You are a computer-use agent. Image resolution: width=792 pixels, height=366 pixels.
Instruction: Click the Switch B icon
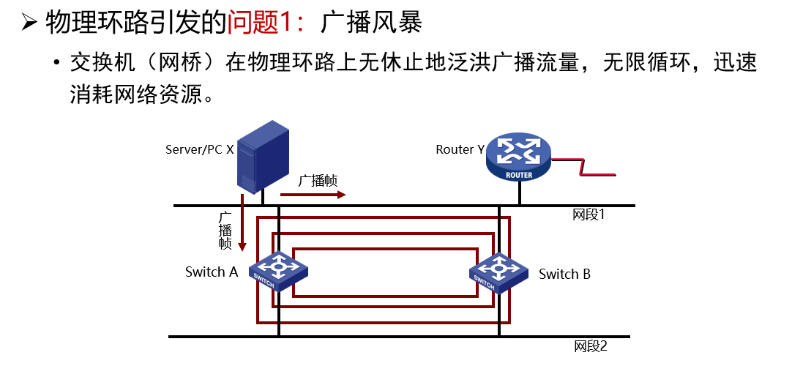[499, 272]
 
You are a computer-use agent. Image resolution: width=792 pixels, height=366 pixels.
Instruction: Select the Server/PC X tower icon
[261, 157]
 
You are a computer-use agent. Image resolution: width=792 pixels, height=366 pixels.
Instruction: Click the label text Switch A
[212, 272]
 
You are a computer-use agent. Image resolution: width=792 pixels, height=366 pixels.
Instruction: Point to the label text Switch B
[564, 274]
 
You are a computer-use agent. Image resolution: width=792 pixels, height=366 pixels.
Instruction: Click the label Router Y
[460, 149]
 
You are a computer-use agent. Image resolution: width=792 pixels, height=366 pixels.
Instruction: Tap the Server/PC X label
[199, 149]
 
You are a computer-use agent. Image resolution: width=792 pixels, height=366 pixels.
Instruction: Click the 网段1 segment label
[589, 214]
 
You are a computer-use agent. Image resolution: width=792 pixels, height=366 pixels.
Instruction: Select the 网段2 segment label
[590, 346]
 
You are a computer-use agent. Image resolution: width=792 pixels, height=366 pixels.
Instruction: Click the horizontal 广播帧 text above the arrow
[318, 181]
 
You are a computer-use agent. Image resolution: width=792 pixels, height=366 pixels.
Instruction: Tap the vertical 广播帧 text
[225, 231]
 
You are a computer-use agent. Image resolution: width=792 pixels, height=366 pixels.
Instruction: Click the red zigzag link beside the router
[586, 168]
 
